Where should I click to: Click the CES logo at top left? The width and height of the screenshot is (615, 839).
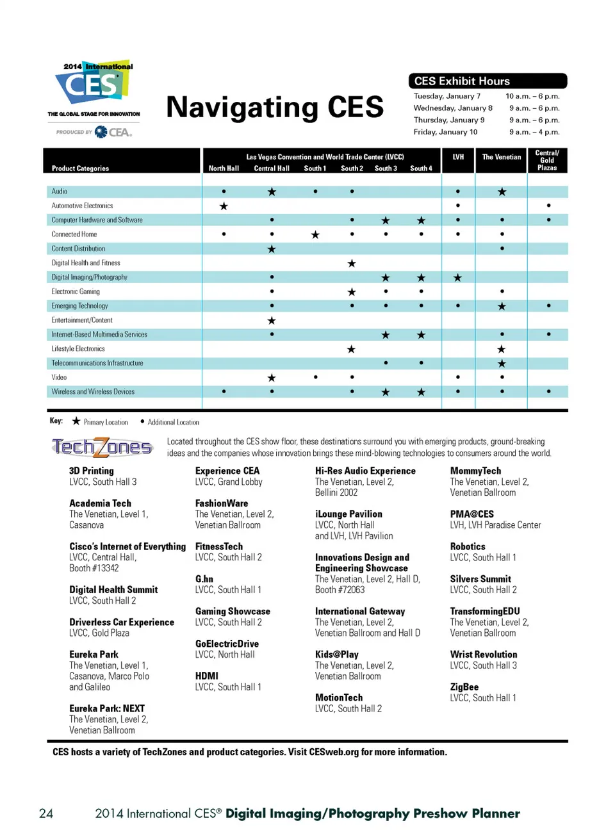point(94,86)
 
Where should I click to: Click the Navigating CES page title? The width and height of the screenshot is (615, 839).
point(275,107)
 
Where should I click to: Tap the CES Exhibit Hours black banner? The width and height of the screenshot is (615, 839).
point(488,81)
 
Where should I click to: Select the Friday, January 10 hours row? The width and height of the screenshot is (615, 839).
point(486,132)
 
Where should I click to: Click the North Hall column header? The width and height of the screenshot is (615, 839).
point(224,168)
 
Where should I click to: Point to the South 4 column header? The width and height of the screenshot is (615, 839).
point(421,168)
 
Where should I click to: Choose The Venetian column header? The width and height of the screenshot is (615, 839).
point(502,157)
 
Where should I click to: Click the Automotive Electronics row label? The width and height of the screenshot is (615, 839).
point(82,206)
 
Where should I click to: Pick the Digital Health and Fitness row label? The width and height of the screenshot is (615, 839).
point(86,263)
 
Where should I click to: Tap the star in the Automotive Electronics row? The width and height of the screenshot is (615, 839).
point(224,206)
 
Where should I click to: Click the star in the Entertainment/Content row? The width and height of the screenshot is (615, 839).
point(272,320)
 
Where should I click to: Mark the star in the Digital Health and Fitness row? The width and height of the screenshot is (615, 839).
point(352,263)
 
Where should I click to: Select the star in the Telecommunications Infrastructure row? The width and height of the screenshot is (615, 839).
point(502,363)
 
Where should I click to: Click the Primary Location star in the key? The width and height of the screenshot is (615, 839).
point(76,421)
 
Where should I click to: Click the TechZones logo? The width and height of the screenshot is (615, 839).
point(102,447)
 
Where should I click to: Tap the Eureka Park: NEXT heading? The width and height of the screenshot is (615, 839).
point(107,708)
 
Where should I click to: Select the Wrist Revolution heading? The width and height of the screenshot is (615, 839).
point(484,654)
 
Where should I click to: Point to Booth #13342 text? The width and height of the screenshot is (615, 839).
point(94,568)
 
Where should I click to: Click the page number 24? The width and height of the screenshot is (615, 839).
point(46,813)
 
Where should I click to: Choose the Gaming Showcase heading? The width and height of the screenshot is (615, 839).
point(233,611)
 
